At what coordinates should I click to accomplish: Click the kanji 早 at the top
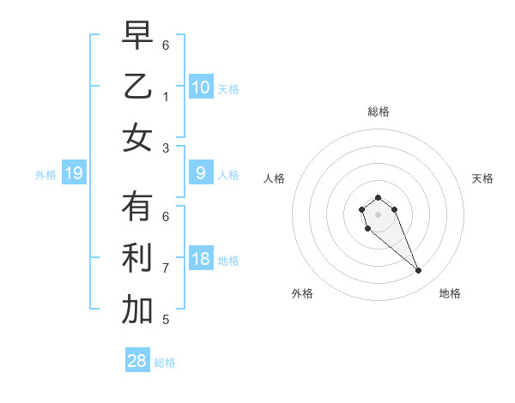(137, 35)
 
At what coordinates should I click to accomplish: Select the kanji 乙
(137, 87)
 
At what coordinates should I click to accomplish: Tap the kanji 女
(137, 138)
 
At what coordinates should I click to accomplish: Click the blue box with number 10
(201, 87)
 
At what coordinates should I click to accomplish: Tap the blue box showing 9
(201, 173)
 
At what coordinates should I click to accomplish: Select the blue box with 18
(201, 260)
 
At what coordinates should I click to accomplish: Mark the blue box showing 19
(74, 174)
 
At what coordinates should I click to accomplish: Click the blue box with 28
(137, 361)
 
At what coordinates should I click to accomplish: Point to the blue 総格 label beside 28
(165, 363)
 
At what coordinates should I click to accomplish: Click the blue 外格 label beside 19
(45, 175)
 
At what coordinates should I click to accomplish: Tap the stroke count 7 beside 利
(166, 268)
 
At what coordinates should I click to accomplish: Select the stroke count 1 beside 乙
(166, 96)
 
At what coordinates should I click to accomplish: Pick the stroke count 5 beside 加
(166, 320)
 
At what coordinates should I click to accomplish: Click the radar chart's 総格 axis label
(378, 111)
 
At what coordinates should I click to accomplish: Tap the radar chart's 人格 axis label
(274, 178)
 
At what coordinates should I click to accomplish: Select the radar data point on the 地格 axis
(419, 271)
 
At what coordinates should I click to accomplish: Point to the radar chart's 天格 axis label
(482, 178)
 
